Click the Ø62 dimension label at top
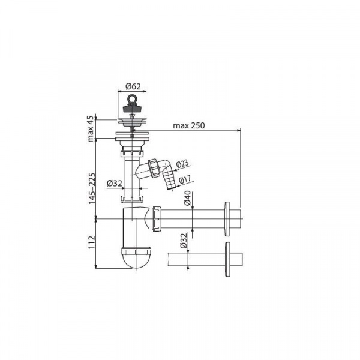pos(133,86)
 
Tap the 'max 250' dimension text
pos(189,125)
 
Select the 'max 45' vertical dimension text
pos(91,129)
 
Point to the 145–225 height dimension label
pos(92,188)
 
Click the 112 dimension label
pos(92,242)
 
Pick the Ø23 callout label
pos(182,164)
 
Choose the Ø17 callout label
pos(185,179)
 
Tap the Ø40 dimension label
pos(187,198)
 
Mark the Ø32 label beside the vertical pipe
pos(115,183)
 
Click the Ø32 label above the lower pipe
pos(184,241)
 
